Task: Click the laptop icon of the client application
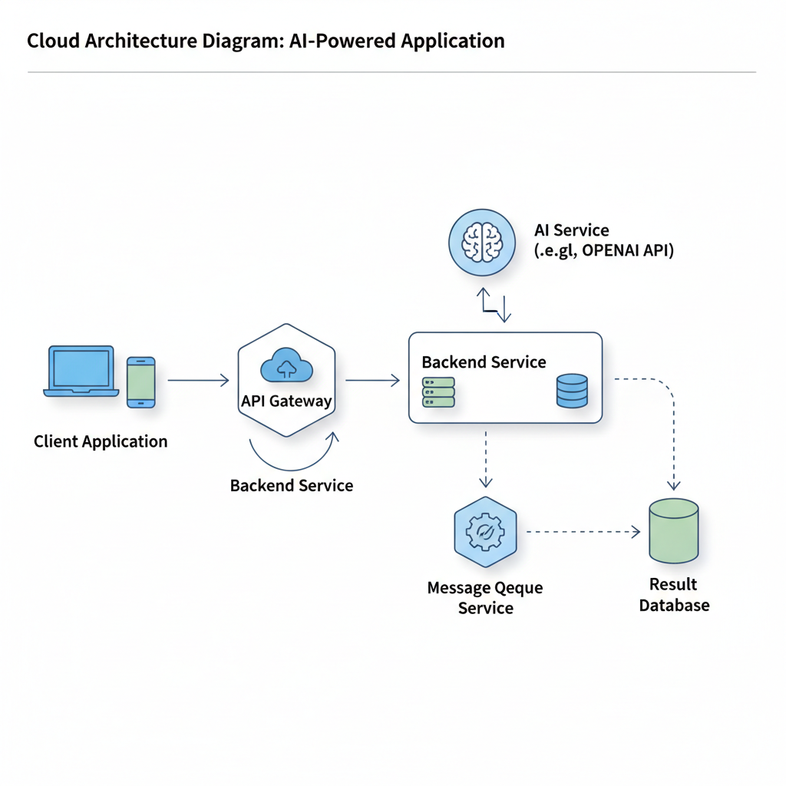[81, 371]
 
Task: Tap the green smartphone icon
[140, 381]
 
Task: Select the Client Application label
[101, 441]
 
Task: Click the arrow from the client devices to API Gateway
[198, 380]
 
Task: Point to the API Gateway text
[286, 401]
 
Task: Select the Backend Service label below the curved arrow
[292, 485]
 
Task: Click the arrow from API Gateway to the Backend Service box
[372, 380]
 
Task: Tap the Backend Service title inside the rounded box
[484, 362]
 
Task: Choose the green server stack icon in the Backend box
[438, 391]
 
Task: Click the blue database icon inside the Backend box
[571, 391]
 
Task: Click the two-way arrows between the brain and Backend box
[494, 305]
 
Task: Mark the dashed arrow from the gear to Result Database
[583, 531]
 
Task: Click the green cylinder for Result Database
[673, 530]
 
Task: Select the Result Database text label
[674, 595]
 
